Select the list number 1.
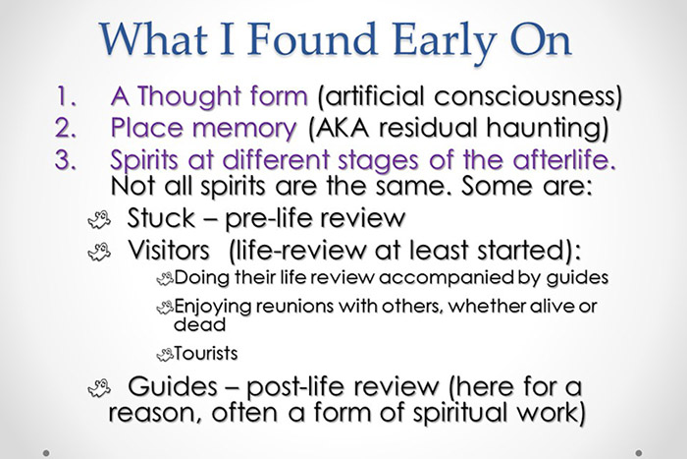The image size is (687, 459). click(x=69, y=99)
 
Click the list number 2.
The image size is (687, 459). click(x=70, y=129)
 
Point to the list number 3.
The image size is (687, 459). click(x=70, y=158)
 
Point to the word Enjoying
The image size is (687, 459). click(x=210, y=306)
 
